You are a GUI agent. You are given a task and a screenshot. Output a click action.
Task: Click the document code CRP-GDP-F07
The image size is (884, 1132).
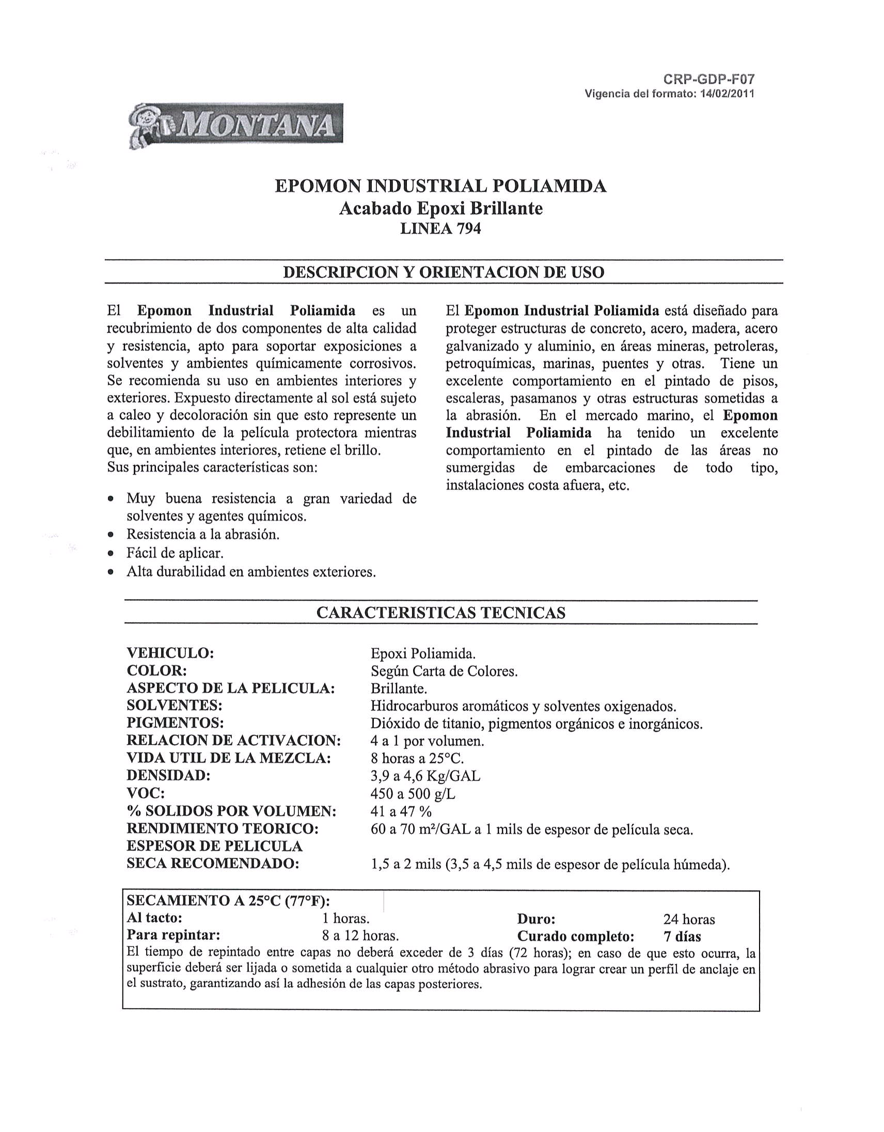point(708,80)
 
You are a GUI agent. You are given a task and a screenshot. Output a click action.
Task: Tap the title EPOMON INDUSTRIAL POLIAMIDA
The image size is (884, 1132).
point(440,186)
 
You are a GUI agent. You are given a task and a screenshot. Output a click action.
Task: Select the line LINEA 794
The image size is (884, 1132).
point(440,229)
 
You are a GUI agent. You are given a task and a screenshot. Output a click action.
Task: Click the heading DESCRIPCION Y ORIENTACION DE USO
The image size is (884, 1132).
point(444,272)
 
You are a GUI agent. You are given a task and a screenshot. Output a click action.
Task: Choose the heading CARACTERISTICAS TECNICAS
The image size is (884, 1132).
point(440,612)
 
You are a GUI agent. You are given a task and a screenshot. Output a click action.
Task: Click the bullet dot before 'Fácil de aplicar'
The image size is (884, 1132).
point(110,554)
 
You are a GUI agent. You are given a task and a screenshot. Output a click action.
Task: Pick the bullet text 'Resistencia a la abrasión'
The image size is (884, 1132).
point(202,534)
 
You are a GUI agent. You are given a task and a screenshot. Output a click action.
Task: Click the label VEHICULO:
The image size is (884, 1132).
point(170,653)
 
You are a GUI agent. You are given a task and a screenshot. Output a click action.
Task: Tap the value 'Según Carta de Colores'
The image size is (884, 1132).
point(444,671)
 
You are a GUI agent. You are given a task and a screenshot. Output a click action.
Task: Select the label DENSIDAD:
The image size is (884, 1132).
point(168,776)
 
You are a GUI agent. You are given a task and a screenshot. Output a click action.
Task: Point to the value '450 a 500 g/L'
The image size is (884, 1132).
point(413,794)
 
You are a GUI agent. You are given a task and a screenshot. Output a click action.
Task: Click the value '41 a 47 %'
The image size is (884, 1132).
point(401,811)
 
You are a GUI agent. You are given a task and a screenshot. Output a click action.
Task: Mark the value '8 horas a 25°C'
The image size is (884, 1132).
point(417,759)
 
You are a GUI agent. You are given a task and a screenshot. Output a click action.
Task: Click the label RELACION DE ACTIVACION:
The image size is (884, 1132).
point(234,741)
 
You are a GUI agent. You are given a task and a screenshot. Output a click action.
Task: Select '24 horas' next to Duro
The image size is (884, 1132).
point(689,919)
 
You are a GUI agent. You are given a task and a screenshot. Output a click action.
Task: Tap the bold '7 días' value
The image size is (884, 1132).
point(682,937)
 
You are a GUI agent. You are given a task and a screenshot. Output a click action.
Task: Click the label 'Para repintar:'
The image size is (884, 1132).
point(173,936)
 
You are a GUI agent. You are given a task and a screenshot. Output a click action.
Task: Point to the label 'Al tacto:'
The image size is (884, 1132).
point(154,918)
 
